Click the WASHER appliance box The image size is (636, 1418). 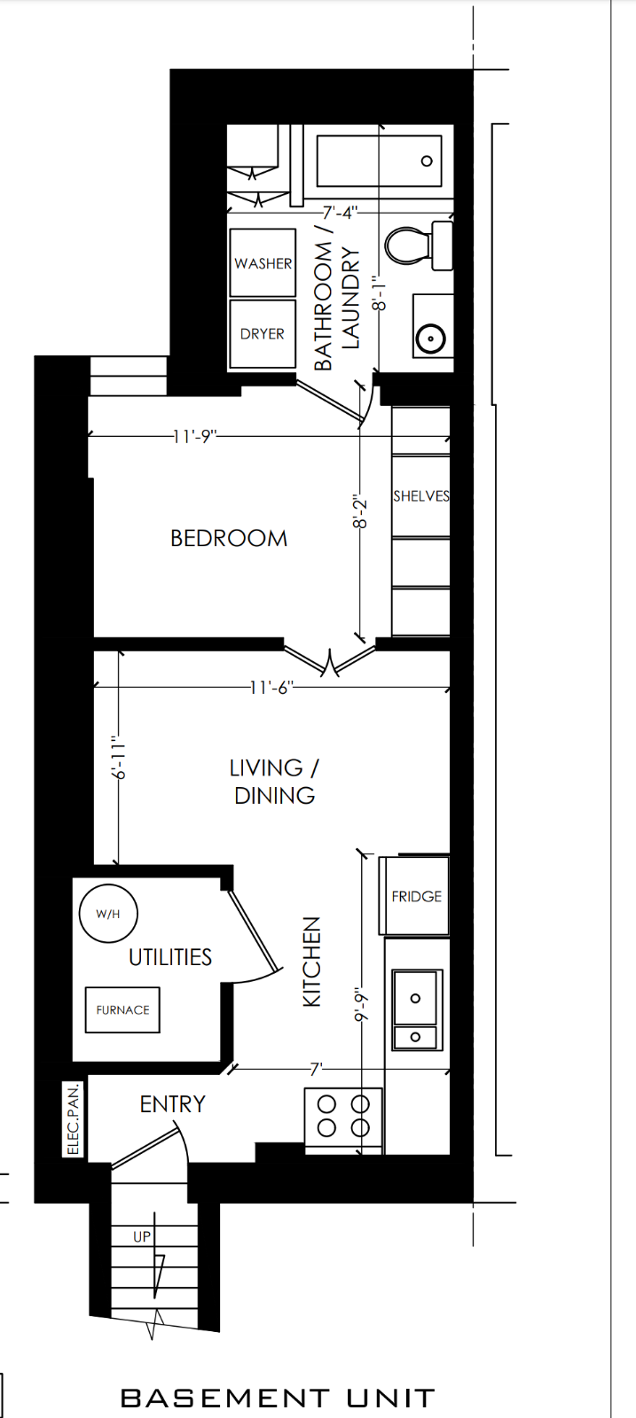click(263, 262)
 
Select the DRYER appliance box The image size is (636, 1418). click(263, 333)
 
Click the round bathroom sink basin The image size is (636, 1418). click(431, 338)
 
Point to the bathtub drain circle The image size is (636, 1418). click(427, 160)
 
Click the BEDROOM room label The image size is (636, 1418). click(229, 538)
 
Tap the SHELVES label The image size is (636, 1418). click(421, 495)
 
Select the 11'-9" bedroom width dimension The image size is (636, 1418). click(195, 436)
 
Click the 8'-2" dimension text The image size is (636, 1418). click(360, 513)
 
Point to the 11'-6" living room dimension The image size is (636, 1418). click(271, 687)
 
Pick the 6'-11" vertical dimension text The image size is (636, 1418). click(119, 757)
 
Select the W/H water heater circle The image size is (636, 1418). click(108, 914)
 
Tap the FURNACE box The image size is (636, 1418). click(122, 1009)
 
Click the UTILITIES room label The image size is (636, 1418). click(169, 957)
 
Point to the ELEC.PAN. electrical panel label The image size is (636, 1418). click(74, 1118)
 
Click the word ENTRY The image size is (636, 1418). click(172, 1104)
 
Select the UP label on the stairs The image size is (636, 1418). click(142, 1236)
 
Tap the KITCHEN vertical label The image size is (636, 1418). click(312, 962)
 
